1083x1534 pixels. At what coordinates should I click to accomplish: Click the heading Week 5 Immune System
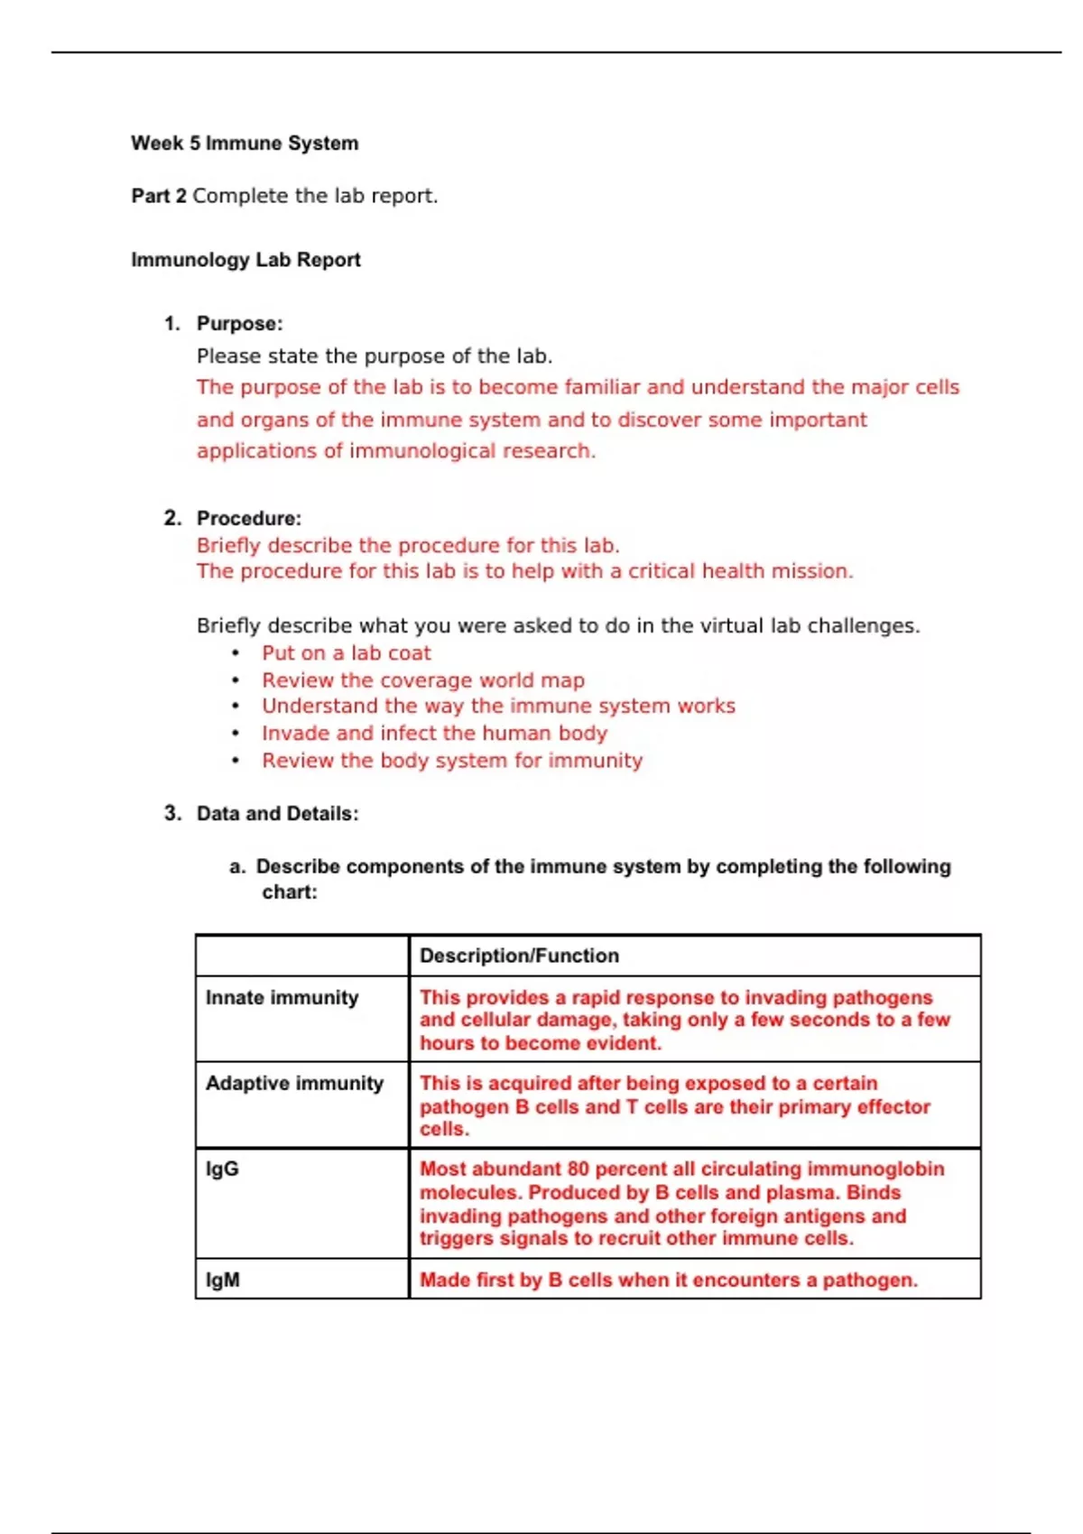[x=244, y=143]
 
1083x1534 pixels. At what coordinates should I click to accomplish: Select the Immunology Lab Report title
[x=245, y=260]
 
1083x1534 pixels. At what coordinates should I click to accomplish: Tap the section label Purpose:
[x=239, y=324]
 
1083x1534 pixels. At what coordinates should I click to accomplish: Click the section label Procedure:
[x=249, y=519]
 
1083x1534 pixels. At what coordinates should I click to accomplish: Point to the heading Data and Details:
[x=277, y=814]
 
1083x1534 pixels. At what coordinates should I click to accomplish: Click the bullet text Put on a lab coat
[x=347, y=653]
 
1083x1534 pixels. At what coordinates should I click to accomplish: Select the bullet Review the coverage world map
[x=423, y=680]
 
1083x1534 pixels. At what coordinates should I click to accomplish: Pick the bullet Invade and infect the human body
[x=434, y=734]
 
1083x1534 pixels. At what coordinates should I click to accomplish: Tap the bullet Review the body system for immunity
[x=452, y=761]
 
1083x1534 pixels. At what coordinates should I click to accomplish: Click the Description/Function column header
[x=519, y=956]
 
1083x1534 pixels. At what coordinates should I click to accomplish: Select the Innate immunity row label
[x=282, y=998]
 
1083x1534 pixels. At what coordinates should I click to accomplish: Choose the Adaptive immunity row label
[x=294, y=1084]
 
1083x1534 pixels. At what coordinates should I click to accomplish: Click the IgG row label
[x=222, y=1169]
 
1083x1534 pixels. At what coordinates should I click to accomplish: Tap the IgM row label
[x=223, y=1280]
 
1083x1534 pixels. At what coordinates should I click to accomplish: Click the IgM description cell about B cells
[x=668, y=1280]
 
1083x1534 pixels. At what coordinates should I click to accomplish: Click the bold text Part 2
[x=159, y=196]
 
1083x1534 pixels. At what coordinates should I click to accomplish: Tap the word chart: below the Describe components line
[x=289, y=892]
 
